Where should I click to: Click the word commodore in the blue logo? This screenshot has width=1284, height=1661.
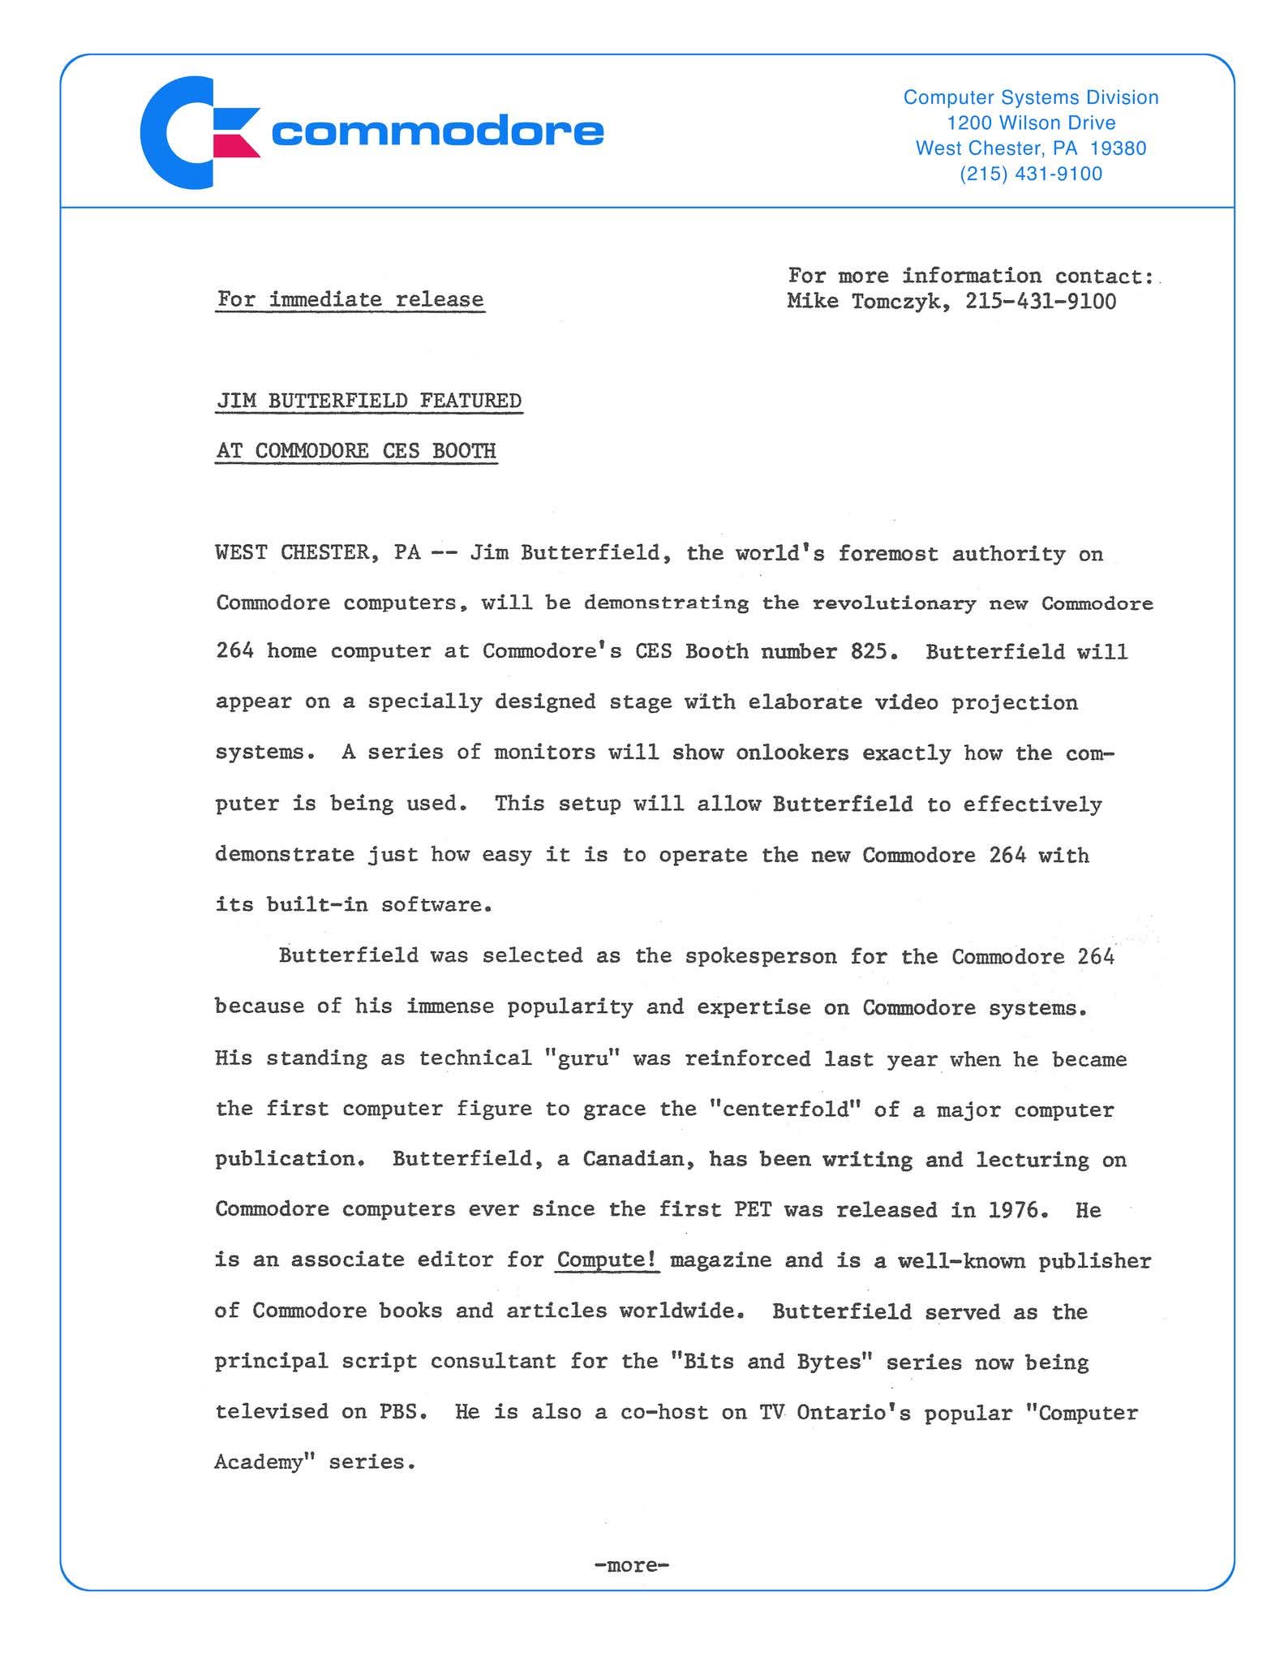click(x=437, y=131)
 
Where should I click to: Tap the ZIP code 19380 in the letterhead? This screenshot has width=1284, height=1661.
click(x=1119, y=148)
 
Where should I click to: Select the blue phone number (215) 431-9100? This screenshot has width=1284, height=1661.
click(x=1030, y=174)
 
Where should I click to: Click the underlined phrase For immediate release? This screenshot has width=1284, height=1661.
click(x=350, y=299)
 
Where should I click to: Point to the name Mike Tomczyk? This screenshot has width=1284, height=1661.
click(x=866, y=302)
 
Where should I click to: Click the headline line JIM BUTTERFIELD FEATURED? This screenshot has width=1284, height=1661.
click(x=368, y=401)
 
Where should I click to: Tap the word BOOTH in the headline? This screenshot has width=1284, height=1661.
click(x=463, y=451)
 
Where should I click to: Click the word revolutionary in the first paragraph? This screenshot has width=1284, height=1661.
click(x=894, y=603)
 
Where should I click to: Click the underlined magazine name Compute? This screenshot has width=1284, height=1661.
click(x=607, y=1260)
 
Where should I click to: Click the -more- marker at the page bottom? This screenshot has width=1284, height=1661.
click(x=631, y=1564)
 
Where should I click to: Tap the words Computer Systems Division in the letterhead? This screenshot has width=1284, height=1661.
click(x=1030, y=97)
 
